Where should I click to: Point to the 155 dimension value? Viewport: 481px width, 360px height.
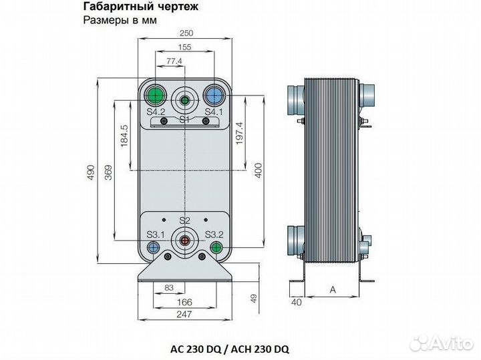click(184, 47)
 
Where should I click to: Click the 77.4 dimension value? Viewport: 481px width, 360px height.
click(174, 61)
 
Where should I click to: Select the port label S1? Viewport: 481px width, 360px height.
click(185, 119)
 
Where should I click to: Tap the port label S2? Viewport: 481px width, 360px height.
click(185, 220)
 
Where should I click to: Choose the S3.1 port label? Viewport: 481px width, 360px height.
click(156, 234)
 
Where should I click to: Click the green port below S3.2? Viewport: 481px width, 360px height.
click(215, 247)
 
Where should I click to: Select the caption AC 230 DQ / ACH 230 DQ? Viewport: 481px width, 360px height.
click(230, 349)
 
